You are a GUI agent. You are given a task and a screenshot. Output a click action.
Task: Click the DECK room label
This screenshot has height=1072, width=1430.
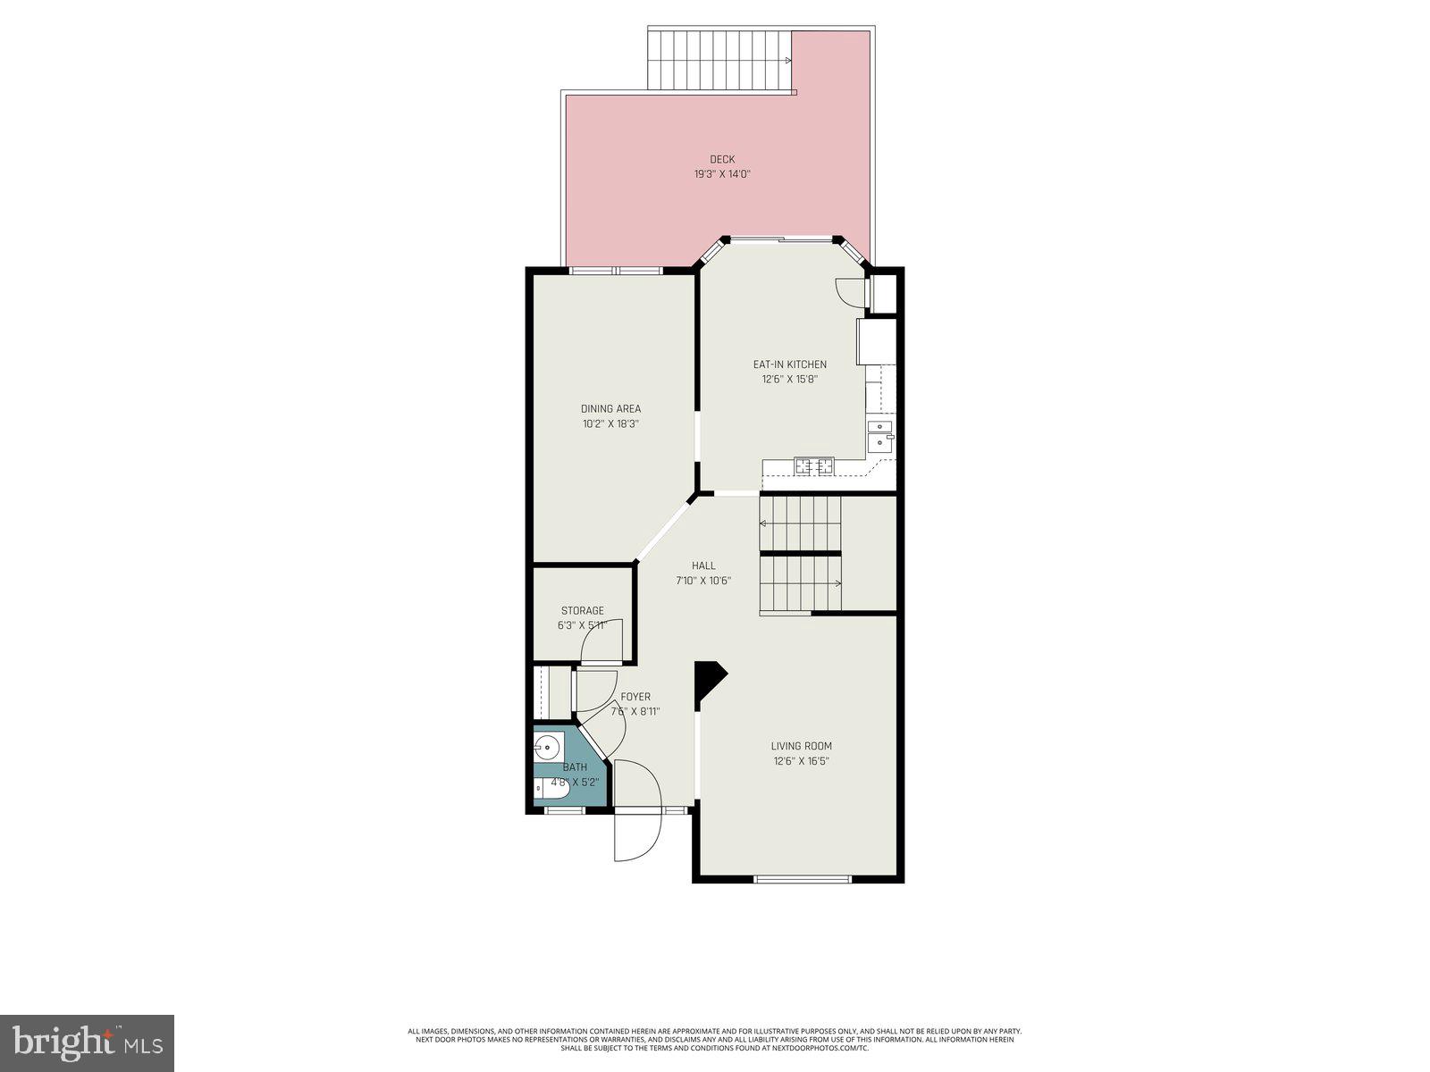(x=722, y=160)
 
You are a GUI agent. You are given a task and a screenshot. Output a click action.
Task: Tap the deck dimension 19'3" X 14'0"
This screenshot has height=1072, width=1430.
(x=722, y=175)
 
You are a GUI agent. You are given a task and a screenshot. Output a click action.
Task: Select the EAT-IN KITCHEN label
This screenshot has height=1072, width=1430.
(x=789, y=364)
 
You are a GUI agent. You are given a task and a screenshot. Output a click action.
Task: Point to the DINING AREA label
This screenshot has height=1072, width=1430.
(x=610, y=409)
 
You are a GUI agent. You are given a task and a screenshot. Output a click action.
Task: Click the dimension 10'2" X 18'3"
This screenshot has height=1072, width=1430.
(x=610, y=424)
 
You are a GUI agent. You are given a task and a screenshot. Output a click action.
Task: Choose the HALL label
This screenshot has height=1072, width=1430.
(x=703, y=565)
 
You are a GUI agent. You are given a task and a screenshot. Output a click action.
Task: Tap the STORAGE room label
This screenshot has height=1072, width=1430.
(x=583, y=611)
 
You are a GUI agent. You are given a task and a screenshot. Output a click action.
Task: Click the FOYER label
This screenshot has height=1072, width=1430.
(x=635, y=697)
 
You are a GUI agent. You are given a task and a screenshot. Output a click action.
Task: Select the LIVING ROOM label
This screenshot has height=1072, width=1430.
(x=802, y=746)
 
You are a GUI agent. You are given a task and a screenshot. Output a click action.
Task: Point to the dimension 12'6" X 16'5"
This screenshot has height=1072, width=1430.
(x=802, y=761)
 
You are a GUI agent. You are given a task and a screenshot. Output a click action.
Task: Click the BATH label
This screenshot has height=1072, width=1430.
(x=575, y=767)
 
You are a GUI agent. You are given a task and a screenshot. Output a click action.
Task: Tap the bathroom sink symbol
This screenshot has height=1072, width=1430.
(x=547, y=746)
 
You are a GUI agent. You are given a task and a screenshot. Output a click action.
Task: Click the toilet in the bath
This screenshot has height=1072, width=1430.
(x=550, y=788)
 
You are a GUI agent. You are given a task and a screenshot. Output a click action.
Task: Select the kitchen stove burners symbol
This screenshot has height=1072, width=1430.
(x=815, y=465)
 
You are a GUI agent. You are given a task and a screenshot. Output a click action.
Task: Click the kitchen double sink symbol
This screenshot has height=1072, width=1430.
(x=880, y=434)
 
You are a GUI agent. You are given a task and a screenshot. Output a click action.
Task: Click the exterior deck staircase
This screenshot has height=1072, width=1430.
(x=719, y=60)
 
